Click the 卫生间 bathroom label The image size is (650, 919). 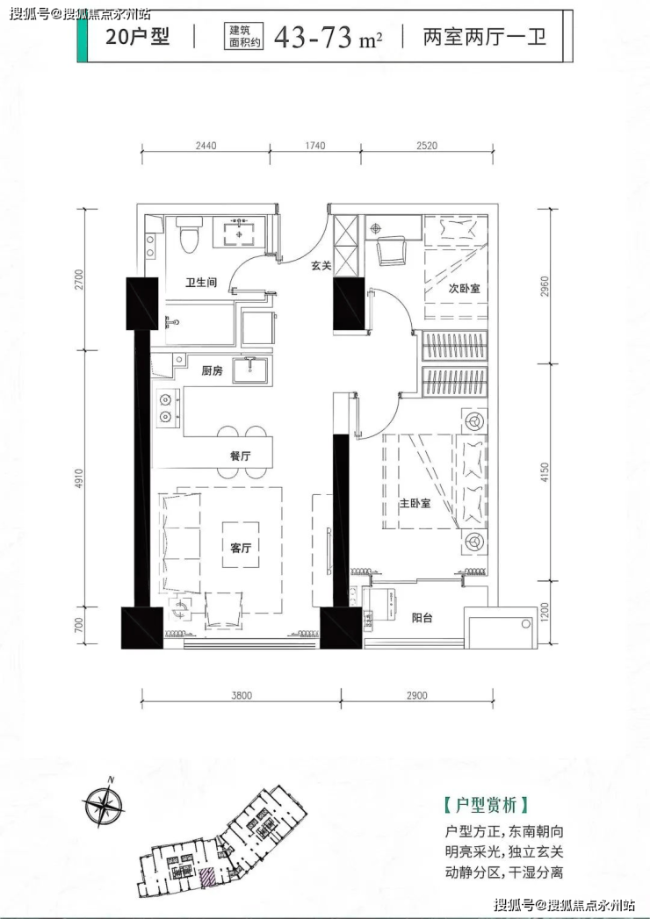201,283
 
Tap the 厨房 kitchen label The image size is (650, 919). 212,370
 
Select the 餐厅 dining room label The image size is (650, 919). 241,456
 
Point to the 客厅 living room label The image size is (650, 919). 241,548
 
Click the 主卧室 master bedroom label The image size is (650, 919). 415,503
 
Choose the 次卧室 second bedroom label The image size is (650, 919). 464,289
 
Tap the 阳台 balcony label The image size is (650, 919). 422,617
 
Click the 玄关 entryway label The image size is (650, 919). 321,265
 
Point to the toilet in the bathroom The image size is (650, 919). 189,234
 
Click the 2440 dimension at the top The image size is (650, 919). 206,146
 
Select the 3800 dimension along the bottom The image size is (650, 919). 241,696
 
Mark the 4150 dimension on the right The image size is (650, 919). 545,472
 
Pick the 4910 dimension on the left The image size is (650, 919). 79,478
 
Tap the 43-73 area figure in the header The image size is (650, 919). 313,37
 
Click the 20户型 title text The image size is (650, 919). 137,36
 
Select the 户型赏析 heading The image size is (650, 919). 487,805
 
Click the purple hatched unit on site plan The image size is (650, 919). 206,877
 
